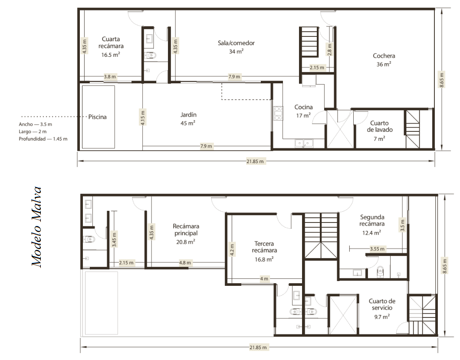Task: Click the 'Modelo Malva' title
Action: (36, 227)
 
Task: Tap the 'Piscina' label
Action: (97, 117)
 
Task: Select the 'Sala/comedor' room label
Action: (236, 43)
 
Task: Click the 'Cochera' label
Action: (384, 56)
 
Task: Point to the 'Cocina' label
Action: (303, 107)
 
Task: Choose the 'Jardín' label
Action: (188, 115)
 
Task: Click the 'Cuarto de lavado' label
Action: (379, 126)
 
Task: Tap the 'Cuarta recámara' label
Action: (111, 43)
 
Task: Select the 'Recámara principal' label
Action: (186, 230)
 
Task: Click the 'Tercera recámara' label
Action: (264, 247)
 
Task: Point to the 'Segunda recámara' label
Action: (372, 220)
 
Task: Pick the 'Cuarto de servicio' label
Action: (382, 304)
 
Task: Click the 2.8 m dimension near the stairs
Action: (329, 50)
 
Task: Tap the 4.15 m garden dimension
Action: (143, 117)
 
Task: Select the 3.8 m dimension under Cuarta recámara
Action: (110, 77)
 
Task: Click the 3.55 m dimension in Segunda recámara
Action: (377, 249)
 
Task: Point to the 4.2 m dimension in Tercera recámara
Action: (232, 250)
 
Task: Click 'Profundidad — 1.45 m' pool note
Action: (43, 139)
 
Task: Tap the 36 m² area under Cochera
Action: (384, 64)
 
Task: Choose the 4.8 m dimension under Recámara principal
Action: (185, 263)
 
